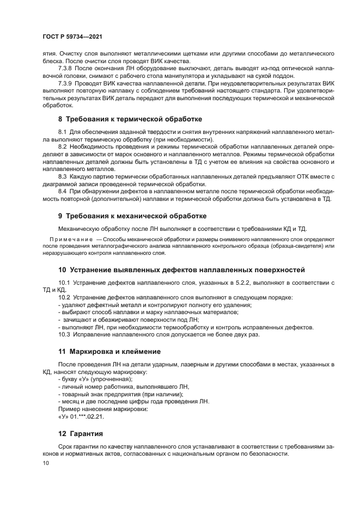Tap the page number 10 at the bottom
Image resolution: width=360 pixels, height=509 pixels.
45,463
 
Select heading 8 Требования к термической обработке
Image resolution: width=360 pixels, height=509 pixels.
130,119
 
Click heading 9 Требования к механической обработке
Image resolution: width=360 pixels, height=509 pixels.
132,216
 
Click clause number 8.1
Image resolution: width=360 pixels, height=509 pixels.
63,132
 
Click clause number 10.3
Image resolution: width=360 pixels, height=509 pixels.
64,334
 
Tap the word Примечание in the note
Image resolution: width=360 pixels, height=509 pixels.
71,239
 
